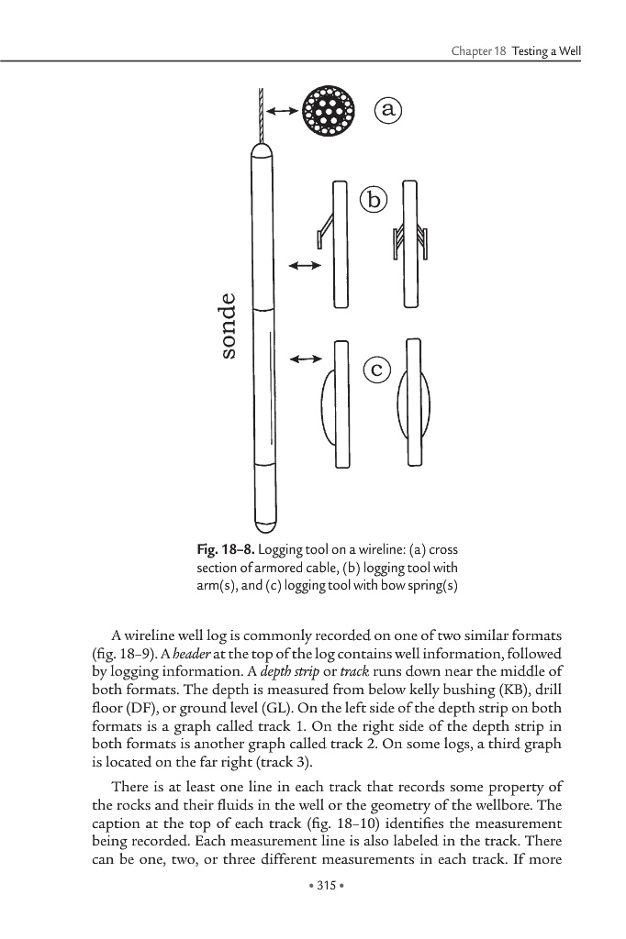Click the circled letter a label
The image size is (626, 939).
click(389, 110)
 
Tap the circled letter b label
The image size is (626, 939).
click(374, 198)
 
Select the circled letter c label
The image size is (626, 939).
click(376, 370)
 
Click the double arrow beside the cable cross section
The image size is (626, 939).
click(281, 111)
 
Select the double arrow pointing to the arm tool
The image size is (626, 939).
click(304, 266)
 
